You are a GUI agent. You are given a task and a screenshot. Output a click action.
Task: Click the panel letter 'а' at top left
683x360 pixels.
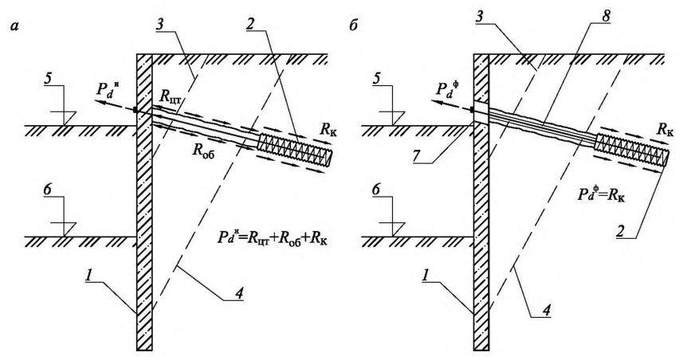coord(13,26)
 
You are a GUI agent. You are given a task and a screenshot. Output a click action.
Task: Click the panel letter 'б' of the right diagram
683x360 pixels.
coord(354,25)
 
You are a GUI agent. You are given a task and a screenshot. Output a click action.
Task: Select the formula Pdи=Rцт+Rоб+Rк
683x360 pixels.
coord(271,240)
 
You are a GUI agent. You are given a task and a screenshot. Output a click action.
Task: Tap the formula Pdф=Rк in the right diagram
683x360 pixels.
coord(602,195)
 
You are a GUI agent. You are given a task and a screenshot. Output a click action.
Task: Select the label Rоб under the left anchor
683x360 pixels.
coord(204,151)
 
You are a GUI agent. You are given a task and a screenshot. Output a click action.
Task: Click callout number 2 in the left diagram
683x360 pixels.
coord(249,25)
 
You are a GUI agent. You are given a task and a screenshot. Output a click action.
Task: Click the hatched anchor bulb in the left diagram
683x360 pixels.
coord(296,148)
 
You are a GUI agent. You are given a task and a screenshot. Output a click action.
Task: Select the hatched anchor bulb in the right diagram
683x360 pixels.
coord(633,148)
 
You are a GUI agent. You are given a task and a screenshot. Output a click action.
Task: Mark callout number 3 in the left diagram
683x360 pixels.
coord(160,25)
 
